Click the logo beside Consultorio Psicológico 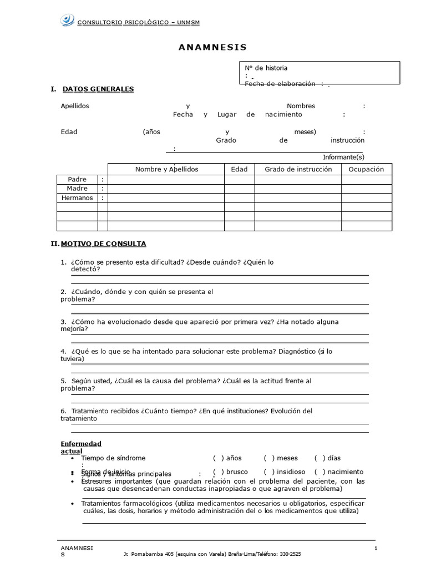[x=67, y=21]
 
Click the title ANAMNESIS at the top [x=212, y=47]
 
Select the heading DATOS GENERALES [x=98, y=89]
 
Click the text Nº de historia [x=266, y=68]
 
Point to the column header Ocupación [x=366, y=169]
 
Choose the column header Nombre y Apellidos [x=166, y=169]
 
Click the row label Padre [x=77, y=179]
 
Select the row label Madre [x=77, y=189]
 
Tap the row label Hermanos [x=77, y=198]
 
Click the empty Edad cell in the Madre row [x=239, y=189]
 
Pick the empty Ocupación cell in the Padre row [x=366, y=179]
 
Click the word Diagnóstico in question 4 [x=295, y=351]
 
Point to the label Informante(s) [x=343, y=157]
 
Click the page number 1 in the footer [x=376, y=549]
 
